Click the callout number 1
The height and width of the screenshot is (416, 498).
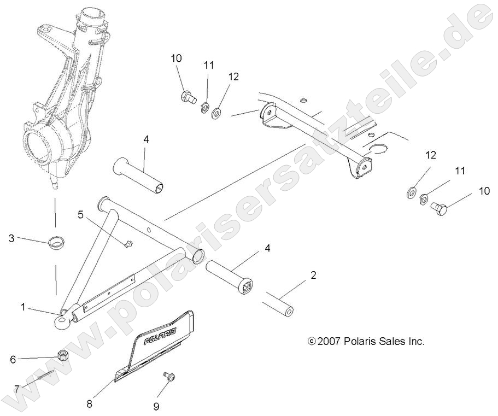coord(23,307)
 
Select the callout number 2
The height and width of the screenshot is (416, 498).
coord(313,276)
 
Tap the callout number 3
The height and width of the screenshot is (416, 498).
coord(11,238)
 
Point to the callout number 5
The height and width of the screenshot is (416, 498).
coord(81,214)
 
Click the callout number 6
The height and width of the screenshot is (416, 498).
coord(12,359)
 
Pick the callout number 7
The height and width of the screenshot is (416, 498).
coord(16,389)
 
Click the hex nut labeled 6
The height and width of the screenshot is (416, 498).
coord(62,355)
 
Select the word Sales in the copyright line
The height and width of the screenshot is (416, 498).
coord(392,342)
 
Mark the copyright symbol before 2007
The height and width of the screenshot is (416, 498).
coord(312,342)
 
